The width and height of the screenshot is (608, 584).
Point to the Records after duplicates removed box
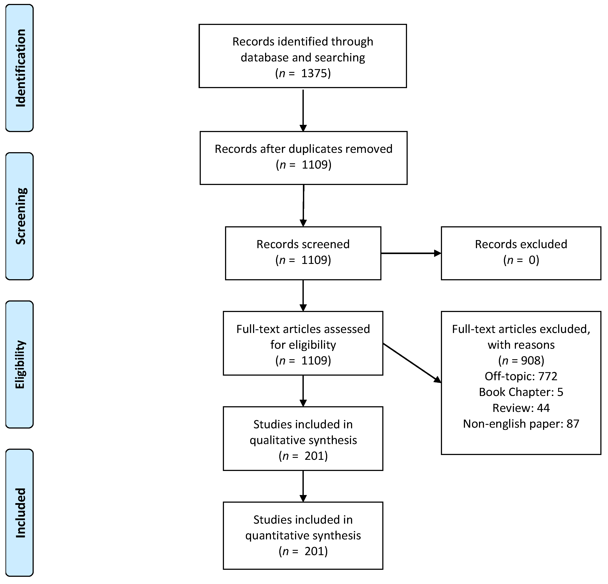[303, 158]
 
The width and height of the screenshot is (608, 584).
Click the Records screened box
[303, 253]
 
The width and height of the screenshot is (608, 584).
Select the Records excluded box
[521, 253]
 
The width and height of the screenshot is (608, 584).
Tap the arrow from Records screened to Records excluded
[411, 253]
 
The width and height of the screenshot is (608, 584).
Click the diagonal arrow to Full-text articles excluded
[412, 363]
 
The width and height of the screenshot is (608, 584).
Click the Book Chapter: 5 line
[521, 392]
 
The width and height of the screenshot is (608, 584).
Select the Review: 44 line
[521, 408]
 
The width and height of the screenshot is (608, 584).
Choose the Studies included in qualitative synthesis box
[303, 439]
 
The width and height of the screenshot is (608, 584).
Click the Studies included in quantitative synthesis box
[303, 536]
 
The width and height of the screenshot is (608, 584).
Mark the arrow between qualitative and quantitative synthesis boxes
[303, 486]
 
